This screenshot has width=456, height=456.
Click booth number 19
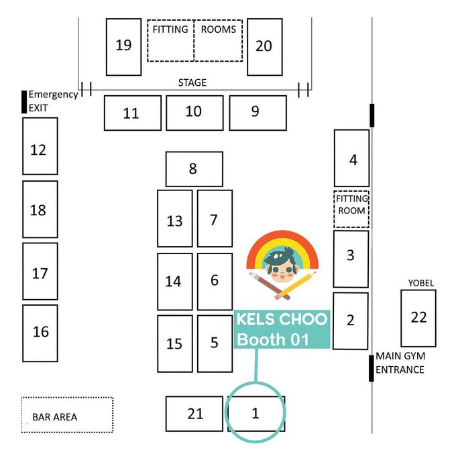pos(123,46)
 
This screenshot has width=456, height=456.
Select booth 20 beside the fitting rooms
pos(264,46)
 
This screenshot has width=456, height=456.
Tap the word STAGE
pos(192,82)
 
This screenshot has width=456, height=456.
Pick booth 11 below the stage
pos(132,113)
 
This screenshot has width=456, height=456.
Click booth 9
pos(258,113)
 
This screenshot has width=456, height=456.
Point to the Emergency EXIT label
pos(52,101)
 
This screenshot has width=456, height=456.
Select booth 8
pos(194,169)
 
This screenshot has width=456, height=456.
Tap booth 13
pos(174,219)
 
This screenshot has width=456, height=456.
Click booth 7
pos(215,219)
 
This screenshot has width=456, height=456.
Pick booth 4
pos(352,158)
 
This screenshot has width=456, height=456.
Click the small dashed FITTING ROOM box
pos(351,209)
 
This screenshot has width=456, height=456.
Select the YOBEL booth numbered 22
pos(418,317)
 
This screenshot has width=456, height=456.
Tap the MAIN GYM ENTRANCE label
pos(400,363)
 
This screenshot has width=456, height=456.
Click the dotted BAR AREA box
pos(67,416)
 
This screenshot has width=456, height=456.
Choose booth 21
pos(194,414)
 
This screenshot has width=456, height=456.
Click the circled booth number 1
pos(255,413)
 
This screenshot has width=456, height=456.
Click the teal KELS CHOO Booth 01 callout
pos(282,329)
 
